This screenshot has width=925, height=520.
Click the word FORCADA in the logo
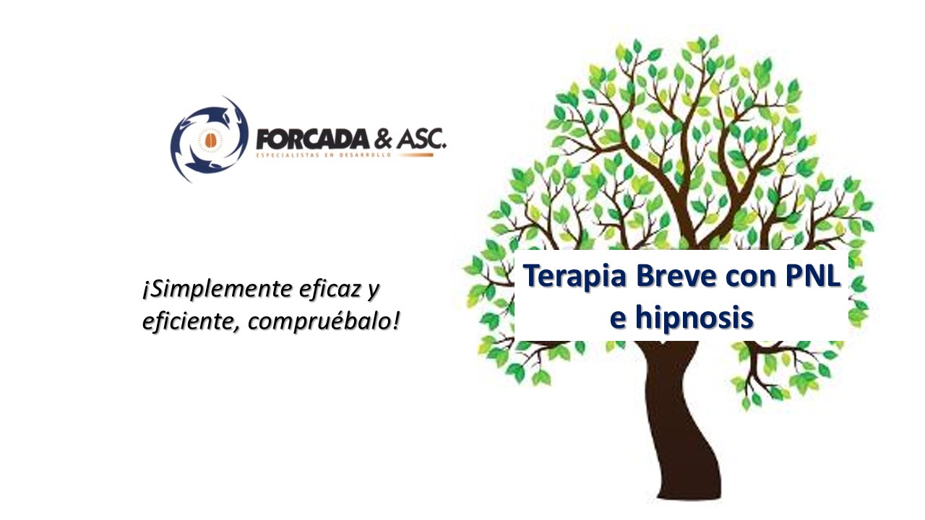pos(313,139)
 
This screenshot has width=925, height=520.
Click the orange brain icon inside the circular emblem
pos(210,141)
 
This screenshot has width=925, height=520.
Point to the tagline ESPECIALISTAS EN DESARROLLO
pos(323,155)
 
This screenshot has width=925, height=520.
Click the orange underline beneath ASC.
pos(416,155)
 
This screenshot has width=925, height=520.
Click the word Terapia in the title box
pos(575,277)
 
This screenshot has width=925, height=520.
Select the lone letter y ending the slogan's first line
pos(373,292)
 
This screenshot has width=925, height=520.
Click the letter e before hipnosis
pos(618,320)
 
